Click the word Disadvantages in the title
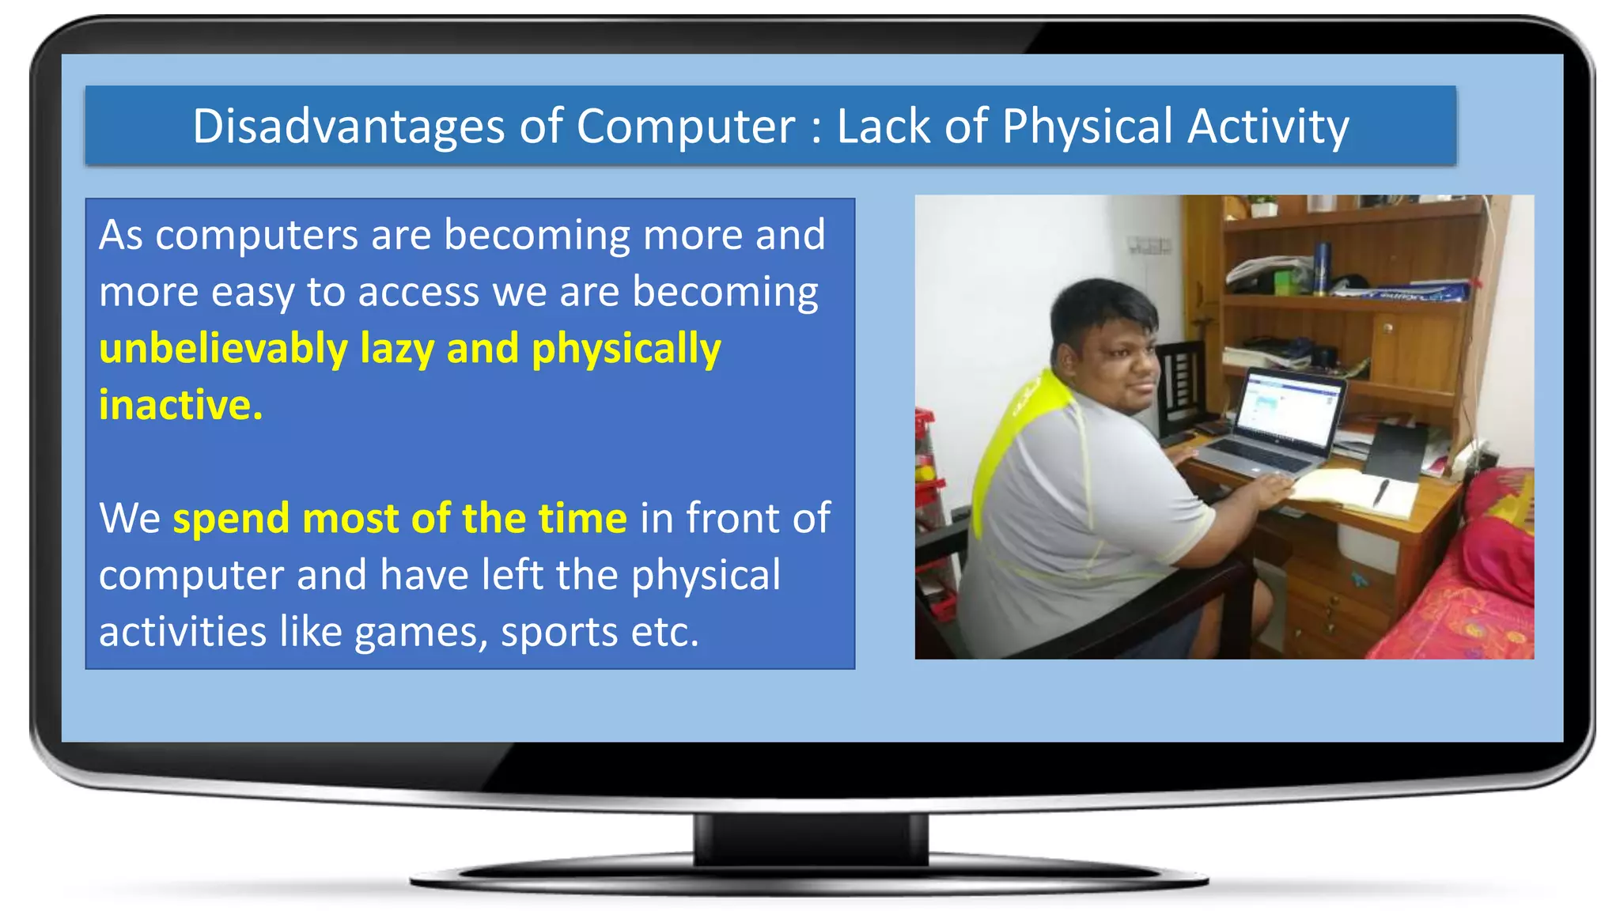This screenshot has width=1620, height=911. tap(348, 127)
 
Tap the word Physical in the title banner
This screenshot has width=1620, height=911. tap(1087, 127)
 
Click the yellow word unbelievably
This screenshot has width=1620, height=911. tap(223, 349)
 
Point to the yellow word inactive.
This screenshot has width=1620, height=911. tap(180, 406)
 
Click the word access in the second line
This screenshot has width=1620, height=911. tap(418, 293)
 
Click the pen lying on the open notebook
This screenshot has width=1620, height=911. tap(1380, 492)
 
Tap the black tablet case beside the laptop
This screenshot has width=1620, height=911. tap(1396, 451)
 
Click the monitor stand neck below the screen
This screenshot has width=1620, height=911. tap(810, 838)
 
